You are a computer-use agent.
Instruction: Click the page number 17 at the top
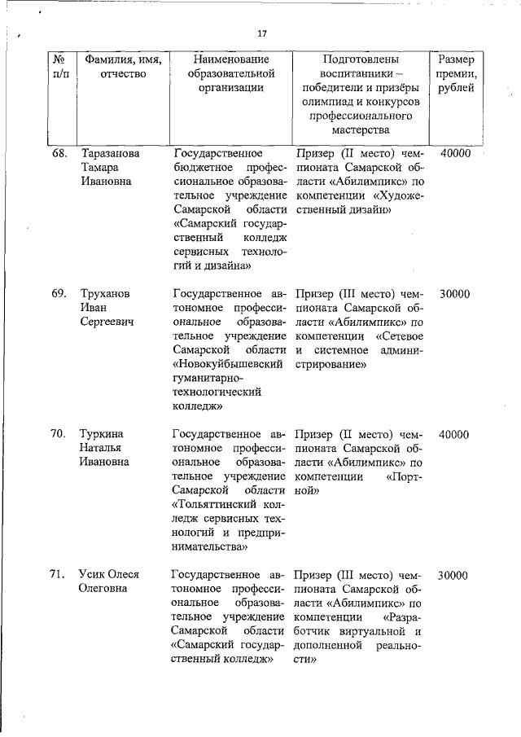pos(261,33)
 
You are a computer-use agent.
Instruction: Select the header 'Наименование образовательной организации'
pos(232,74)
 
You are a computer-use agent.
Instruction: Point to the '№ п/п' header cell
pos(59,67)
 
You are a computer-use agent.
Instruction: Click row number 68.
pos(59,153)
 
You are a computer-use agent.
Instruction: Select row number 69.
pos(59,294)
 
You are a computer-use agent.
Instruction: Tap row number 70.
pos(59,434)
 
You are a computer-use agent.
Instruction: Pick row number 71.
pos(59,574)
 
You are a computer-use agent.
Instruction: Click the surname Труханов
pos(105,294)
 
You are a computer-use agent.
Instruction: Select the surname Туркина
pos(102,434)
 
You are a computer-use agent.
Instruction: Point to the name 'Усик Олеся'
pos(109,574)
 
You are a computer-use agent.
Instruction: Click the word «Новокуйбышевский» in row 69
pos(227,363)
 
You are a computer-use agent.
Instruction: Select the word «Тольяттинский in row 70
pos(220,504)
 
